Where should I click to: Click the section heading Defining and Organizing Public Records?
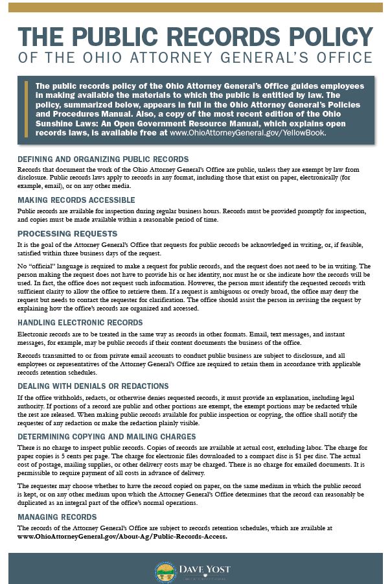pyautogui.click(x=103, y=159)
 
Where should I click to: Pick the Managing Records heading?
pyautogui.click(x=57, y=517)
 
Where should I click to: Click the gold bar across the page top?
pyautogui.click(x=195, y=6)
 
